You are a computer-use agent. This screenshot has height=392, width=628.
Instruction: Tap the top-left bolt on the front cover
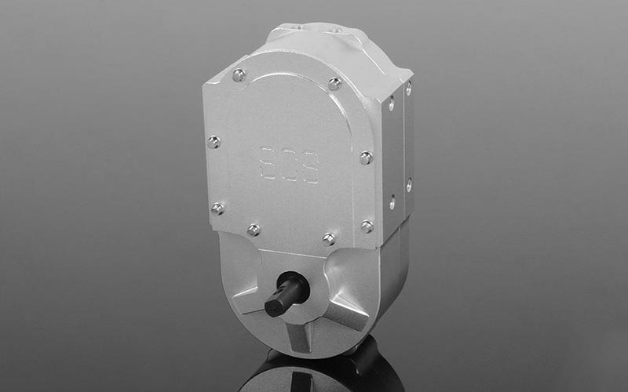tap(239, 75)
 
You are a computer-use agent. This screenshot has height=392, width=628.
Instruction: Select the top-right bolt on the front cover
tap(334, 83)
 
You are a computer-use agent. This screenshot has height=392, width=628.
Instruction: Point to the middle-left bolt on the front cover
tap(213, 142)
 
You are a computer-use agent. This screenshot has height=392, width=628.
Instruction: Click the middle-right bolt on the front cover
tap(366, 157)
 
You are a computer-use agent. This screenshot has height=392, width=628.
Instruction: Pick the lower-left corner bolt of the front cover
tap(217, 209)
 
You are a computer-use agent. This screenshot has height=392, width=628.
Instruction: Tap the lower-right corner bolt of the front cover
tap(367, 226)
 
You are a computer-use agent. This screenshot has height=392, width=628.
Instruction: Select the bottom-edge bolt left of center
tap(254, 230)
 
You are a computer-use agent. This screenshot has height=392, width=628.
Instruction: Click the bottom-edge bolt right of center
tap(329, 238)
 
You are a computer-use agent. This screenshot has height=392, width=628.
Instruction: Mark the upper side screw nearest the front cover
tap(391, 103)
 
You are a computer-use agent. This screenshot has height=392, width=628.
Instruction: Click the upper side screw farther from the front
tap(408, 88)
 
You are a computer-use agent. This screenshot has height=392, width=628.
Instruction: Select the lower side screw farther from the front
tap(409, 185)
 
